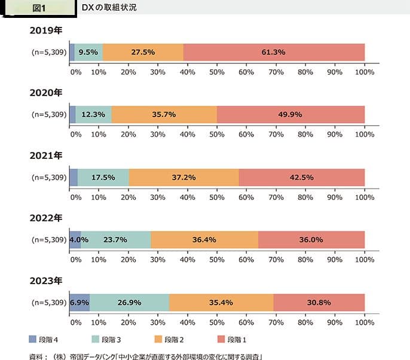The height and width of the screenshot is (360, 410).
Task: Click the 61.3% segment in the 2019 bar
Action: pos(274,52)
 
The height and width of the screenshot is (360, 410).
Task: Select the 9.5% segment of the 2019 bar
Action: pos(88,52)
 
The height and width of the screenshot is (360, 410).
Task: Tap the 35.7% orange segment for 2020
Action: pos(164,115)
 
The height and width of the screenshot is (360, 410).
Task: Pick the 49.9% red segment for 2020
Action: pos(290,115)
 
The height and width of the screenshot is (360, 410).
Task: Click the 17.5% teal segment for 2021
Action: pos(103,177)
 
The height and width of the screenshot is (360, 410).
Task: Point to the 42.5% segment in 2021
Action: pos(301,177)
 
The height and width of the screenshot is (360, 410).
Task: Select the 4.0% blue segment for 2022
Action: pos(75,240)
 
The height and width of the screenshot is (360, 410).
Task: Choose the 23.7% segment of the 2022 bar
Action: pos(115,240)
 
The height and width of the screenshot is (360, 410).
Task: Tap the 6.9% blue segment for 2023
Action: pos(79,303)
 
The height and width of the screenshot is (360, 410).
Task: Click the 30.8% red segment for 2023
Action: pos(319,303)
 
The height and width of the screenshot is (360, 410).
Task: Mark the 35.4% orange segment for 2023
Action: pos(221,303)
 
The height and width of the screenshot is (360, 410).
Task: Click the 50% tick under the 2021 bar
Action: pos(217,196)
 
